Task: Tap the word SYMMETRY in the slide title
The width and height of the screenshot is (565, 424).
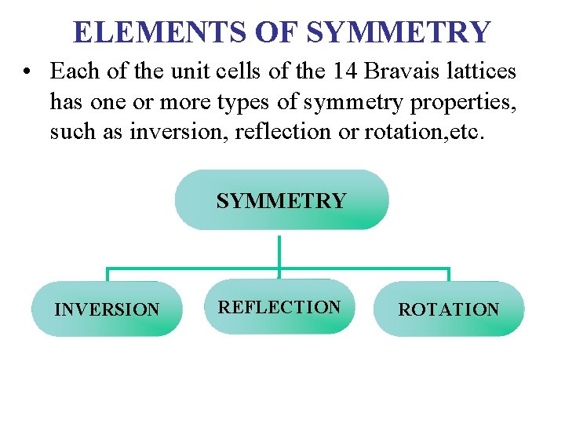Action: click(399, 32)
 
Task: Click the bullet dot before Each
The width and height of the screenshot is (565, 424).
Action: click(27, 72)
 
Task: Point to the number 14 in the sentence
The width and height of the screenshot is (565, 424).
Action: click(344, 71)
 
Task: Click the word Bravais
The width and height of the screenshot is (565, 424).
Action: click(403, 71)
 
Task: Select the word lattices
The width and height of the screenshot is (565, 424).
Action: click(483, 71)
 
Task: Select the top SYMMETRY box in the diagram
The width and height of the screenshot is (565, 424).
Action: click(281, 201)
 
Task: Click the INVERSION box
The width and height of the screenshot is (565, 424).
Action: click(107, 309)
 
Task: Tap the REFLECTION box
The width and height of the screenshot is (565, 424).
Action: click(279, 307)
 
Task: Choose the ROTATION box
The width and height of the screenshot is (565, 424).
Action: click(448, 309)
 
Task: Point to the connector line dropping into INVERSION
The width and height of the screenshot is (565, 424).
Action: click(107, 274)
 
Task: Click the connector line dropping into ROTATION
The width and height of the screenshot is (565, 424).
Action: click(448, 274)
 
